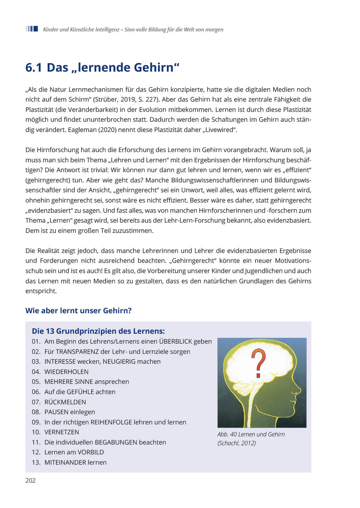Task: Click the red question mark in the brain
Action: [259, 363]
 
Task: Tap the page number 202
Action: [30, 480]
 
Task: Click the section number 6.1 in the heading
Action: [34, 67]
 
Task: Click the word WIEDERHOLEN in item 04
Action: [66, 372]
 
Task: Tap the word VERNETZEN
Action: [62, 432]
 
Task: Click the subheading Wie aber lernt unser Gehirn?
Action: [78, 311]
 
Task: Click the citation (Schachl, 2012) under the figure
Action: [236, 443]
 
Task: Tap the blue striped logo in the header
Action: [32, 29]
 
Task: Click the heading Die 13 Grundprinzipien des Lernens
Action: [98, 331]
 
